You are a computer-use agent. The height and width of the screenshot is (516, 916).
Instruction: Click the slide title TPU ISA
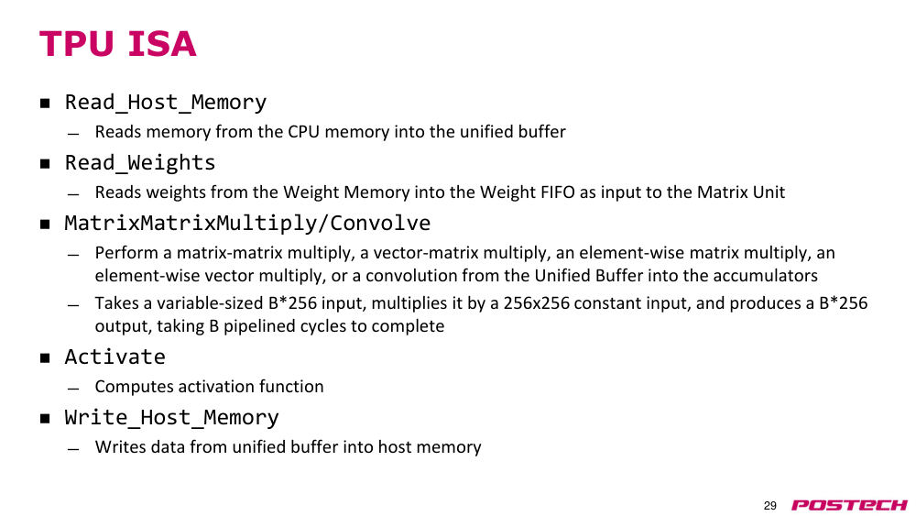[117, 44]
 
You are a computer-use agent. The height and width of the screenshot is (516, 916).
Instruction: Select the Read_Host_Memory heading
[165, 103]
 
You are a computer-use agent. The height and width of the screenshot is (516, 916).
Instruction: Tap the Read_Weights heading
[140, 162]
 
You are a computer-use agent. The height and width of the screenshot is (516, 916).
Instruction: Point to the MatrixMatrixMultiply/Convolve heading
[247, 223]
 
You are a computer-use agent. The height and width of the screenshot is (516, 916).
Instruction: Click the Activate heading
[115, 357]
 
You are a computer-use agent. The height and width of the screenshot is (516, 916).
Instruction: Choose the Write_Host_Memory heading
[172, 417]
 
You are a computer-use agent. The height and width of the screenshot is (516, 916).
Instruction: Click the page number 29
[770, 506]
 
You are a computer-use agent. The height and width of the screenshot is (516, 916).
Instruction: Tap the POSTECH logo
[849, 505]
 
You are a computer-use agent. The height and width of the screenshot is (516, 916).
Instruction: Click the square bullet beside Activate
[45, 357]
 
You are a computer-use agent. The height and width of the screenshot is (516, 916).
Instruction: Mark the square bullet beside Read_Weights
[45, 164]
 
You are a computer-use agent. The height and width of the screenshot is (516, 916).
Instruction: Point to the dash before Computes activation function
[73, 389]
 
